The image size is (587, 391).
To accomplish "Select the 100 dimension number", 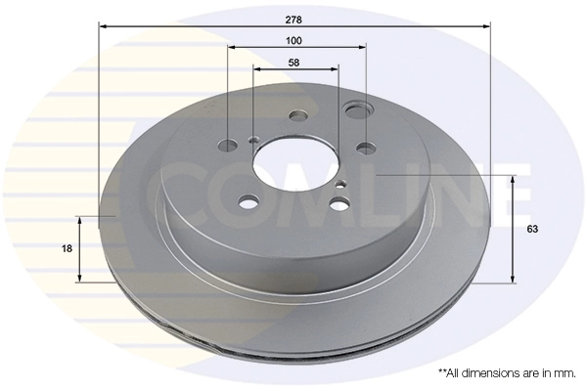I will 293,40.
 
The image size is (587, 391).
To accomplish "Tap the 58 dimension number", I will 293,62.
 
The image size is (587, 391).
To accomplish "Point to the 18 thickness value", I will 68,249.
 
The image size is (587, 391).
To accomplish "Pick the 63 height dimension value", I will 532,229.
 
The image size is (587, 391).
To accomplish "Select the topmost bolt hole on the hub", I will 297,114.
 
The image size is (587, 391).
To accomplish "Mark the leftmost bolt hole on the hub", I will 228,147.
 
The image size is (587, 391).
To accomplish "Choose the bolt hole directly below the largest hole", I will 365,148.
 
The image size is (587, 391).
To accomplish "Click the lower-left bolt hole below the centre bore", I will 249,202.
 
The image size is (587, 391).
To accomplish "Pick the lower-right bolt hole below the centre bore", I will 339,203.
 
